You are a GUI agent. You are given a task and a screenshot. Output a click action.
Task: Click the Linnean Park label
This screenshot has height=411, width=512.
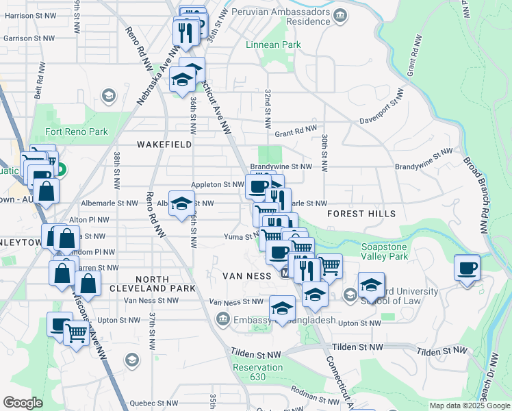point(274,45)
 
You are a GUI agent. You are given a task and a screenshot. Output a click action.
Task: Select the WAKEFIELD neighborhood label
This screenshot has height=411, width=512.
point(164,145)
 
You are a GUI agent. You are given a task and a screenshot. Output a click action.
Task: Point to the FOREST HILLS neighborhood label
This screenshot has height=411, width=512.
point(361,214)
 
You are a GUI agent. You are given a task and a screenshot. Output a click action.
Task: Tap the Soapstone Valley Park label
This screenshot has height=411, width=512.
point(385,251)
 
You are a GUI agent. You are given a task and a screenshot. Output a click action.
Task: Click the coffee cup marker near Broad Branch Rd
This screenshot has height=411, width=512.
point(468,268)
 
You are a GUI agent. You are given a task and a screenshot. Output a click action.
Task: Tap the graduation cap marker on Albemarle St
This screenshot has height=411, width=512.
point(181,204)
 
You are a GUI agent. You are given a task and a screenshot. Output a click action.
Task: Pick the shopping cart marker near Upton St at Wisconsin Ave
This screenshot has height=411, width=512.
point(76,334)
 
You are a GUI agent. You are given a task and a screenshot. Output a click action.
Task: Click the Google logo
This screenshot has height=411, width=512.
point(23,403)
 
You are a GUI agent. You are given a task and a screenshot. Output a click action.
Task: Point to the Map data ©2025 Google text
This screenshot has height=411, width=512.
point(469,406)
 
